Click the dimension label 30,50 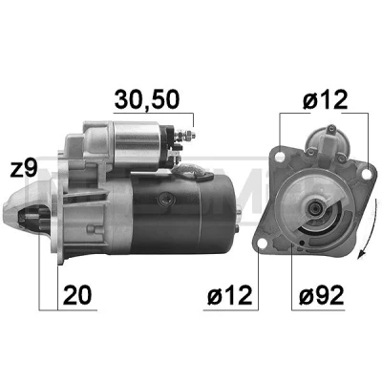147,99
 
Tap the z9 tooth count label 24,168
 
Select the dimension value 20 77,295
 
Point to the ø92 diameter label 322,295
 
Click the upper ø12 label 325,99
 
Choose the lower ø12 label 230,295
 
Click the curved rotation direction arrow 371,227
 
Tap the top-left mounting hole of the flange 280,157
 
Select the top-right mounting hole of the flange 367,174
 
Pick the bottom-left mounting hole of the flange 262,244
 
